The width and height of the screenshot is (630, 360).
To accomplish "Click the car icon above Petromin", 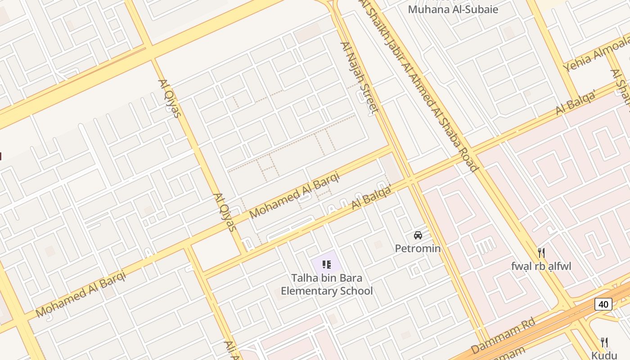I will (418, 235).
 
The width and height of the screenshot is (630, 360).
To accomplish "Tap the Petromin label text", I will (418, 248).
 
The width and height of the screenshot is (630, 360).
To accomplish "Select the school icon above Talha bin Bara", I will (327, 264).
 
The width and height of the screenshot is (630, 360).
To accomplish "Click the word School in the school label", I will (356, 291).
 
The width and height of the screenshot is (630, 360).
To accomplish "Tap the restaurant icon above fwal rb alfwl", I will (541, 253).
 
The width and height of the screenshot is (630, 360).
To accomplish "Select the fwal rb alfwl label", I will (541, 266).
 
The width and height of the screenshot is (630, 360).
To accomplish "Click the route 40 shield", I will (603, 305).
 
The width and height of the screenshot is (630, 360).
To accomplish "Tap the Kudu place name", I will (604, 355).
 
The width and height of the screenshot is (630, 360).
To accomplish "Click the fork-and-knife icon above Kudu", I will (604, 342).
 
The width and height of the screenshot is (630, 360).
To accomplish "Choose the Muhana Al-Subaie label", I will (453, 9).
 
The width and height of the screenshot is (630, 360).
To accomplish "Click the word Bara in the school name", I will (351, 278).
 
